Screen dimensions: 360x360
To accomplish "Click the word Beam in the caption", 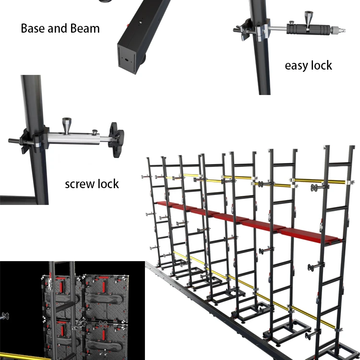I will pos(85,28).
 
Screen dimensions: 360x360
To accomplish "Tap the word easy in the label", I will pos(298,65).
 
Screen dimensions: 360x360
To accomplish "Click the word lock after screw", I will pos(108,184).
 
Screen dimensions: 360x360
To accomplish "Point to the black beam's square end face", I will pos(129,57).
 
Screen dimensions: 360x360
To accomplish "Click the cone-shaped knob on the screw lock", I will pos(67,126).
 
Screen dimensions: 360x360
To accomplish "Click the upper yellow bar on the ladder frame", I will pos(317,181).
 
